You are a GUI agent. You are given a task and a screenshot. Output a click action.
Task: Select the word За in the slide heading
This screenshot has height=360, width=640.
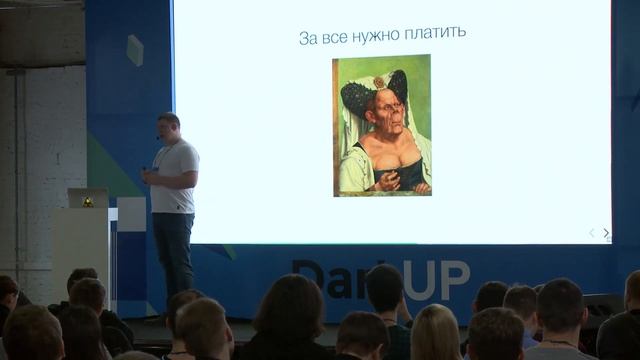point(308,37)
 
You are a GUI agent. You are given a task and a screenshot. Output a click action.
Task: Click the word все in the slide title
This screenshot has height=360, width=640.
point(337,37)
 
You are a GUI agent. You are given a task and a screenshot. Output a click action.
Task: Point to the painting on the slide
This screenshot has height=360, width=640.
point(382,125)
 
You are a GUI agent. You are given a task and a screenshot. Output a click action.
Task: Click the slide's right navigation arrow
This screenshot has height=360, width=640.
point(606,233)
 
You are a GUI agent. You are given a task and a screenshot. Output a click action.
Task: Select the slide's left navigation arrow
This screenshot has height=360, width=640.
point(591,233)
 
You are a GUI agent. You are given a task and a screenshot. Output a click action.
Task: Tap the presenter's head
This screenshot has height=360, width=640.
point(169,127)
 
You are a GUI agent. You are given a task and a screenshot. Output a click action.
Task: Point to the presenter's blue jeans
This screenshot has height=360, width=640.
point(173,250)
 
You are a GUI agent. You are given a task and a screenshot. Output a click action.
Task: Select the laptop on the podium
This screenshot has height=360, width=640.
point(88,198)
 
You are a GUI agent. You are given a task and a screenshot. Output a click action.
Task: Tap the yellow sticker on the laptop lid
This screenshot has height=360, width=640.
point(88,201)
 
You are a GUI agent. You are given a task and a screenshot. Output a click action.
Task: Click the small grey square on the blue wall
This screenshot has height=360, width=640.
point(134,50)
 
